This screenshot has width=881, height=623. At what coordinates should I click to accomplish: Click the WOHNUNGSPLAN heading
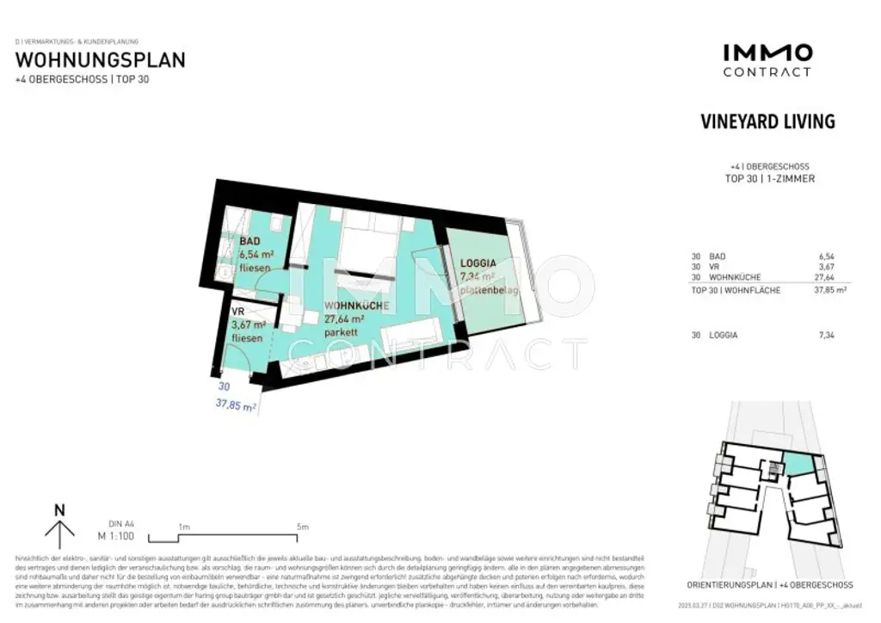point(101,60)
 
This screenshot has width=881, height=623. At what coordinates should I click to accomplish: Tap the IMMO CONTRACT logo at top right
point(767,60)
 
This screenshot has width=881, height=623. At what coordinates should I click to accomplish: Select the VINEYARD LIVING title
point(767,121)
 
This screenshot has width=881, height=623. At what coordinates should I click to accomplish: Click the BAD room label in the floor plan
point(250,242)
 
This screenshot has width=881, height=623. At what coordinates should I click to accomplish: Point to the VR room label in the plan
point(239,311)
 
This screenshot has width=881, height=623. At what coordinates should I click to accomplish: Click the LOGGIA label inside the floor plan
point(479,263)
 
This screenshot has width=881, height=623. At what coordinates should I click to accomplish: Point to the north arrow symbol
point(59,527)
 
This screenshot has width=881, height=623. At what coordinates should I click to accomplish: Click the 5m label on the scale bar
point(302,527)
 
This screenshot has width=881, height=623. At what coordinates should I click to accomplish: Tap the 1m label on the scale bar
point(183,527)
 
